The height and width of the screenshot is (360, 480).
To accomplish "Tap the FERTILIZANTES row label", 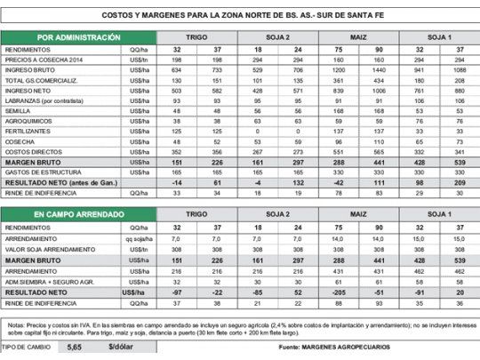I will pyautogui.click(x=28, y=131).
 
